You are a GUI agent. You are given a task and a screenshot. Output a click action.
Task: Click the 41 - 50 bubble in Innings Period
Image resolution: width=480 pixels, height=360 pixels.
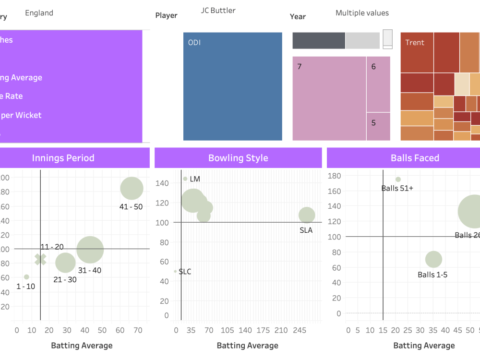(x=132, y=189)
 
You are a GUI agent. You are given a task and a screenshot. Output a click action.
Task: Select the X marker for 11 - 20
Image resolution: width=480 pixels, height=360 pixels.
(x=41, y=259)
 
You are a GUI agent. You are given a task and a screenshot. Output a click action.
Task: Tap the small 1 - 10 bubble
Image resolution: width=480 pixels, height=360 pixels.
(x=26, y=277)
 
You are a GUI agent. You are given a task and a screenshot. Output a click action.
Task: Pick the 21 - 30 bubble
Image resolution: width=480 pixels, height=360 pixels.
(x=65, y=262)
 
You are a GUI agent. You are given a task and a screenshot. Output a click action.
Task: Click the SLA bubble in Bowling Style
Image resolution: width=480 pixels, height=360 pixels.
(x=307, y=215)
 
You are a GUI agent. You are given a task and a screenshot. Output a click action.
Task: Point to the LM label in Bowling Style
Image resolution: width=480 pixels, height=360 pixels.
(x=195, y=179)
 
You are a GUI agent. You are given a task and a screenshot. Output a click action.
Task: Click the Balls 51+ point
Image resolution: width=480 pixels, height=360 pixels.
(x=398, y=180)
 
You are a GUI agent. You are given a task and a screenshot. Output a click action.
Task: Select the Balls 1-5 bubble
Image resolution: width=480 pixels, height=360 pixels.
(x=433, y=260)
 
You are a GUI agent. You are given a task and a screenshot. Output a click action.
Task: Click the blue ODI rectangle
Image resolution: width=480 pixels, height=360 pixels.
(x=233, y=86)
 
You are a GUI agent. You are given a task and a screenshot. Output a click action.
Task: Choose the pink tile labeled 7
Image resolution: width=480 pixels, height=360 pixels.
(x=329, y=98)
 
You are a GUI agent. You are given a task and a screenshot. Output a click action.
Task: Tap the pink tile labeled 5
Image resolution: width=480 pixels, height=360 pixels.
(x=378, y=126)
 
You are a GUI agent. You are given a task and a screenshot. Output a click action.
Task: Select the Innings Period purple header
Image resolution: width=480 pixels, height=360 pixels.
(x=63, y=158)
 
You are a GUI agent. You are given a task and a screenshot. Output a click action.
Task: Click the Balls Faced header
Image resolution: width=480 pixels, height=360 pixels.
(x=415, y=158)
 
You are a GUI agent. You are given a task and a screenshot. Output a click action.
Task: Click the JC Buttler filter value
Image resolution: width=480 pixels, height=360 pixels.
(x=218, y=11)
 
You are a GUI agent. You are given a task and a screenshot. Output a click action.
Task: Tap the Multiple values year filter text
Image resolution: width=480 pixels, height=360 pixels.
(x=362, y=13)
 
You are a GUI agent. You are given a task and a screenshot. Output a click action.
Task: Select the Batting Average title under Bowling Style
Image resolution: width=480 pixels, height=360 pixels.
(x=247, y=346)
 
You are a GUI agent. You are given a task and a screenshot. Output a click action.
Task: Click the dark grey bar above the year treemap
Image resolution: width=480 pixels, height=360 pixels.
(x=319, y=41)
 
